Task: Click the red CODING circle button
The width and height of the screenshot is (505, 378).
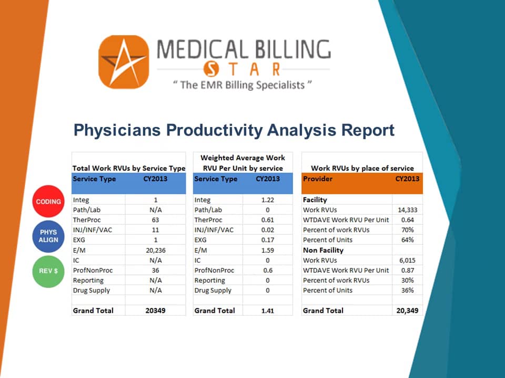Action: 48,202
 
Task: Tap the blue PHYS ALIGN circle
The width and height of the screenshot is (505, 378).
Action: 48,236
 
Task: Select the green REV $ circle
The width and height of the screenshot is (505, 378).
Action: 48,271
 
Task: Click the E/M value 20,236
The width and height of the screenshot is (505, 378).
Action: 155,250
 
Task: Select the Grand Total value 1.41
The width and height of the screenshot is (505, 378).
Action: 267,310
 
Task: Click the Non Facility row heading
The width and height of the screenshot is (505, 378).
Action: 323,250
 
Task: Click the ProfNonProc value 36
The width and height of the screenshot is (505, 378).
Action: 155,270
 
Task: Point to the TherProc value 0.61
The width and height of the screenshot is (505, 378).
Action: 267,220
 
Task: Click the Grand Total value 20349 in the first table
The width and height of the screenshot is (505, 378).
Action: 155,310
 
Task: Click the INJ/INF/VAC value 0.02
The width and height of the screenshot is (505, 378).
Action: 267,230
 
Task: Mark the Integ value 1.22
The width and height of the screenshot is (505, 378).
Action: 267,200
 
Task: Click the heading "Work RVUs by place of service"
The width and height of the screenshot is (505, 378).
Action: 362,168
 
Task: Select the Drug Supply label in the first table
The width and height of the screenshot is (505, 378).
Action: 92,290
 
